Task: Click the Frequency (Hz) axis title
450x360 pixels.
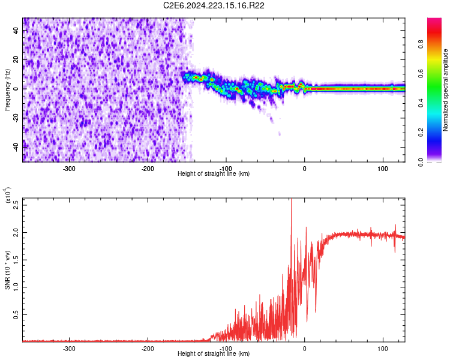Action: (7, 90)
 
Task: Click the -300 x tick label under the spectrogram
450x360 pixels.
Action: (69, 169)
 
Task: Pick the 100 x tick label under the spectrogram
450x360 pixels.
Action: (383, 169)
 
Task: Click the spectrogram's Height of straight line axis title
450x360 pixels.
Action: (214, 174)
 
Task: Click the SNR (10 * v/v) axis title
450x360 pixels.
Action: (7, 270)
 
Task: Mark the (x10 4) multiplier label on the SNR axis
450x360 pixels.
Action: (8, 195)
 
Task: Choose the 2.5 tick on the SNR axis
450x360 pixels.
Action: (16, 204)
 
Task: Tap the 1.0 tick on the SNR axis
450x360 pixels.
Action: (16, 286)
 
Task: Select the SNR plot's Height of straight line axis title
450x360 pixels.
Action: (214, 354)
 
